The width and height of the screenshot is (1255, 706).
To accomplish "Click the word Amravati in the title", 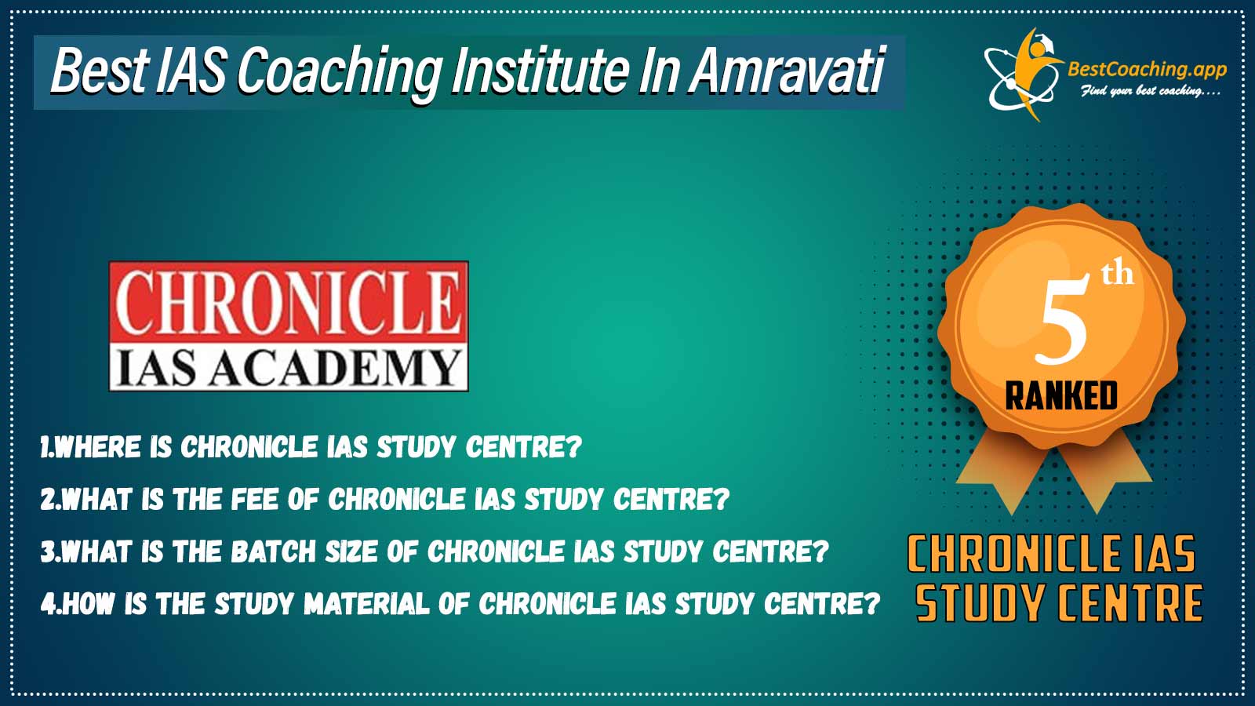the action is (x=787, y=71).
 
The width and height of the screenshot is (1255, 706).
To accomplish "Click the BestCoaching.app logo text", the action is (x=1147, y=70).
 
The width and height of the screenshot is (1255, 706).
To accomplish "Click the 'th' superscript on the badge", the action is (x=1118, y=274).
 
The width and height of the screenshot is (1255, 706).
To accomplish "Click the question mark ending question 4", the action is (x=871, y=603).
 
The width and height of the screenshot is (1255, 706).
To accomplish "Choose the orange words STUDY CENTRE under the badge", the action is (x=1059, y=603).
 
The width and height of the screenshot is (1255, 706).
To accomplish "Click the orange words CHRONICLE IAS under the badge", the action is (x=1052, y=554).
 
